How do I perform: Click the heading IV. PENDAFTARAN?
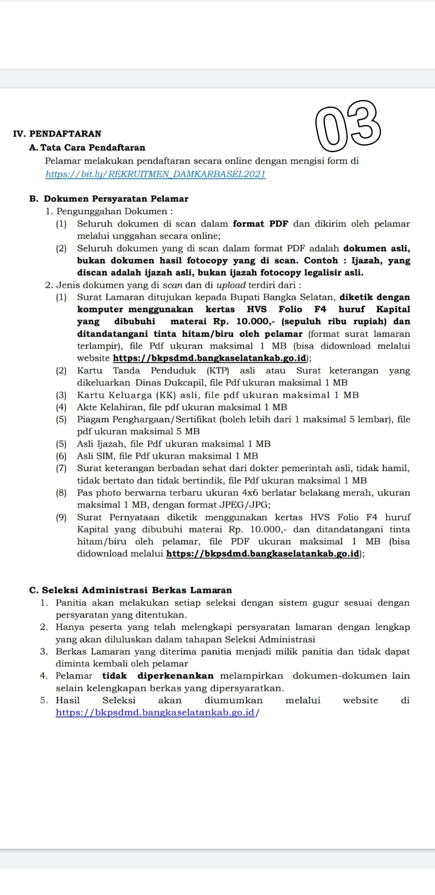[57, 134]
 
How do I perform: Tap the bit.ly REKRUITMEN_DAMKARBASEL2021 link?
[155, 174]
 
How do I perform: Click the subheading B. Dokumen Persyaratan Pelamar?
[108, 199]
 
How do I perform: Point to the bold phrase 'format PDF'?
[260, 224]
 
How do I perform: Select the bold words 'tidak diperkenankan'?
[158, 676]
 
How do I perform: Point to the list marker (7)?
[61, 468]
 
